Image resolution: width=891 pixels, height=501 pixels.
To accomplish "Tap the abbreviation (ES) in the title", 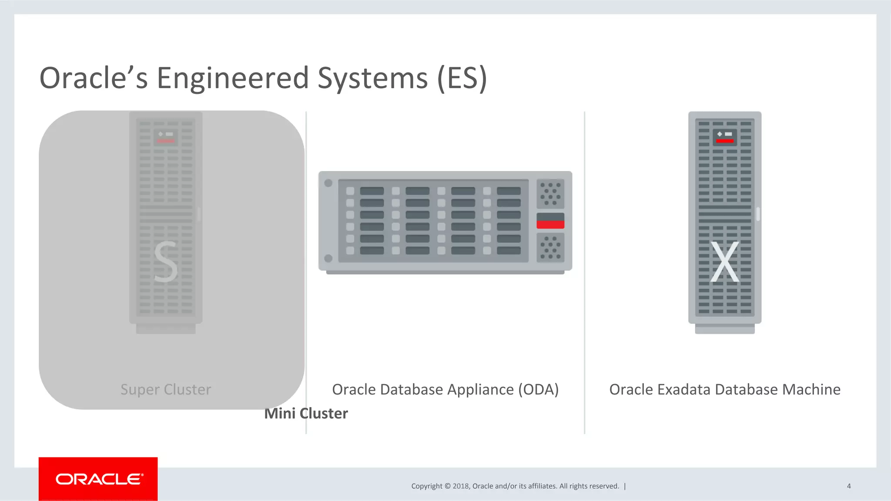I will [462, 78].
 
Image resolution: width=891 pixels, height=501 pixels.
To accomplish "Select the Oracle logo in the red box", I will [99, 479].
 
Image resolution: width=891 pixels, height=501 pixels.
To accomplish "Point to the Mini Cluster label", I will [306, 413].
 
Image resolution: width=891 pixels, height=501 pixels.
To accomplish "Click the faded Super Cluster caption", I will [166, 389].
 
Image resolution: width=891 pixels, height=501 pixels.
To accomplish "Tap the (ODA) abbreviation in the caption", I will [538, 389].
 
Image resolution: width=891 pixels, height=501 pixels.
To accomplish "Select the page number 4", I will [849, 486].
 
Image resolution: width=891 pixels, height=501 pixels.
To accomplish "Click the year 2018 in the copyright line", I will [461, 486].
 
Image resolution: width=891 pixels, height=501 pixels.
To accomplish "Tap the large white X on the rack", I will [725, 262].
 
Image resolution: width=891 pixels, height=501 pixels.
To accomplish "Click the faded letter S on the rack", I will [166, 262].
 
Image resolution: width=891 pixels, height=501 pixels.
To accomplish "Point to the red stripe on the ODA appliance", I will [550, 224].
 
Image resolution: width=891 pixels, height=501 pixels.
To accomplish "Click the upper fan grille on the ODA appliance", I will [550, 193].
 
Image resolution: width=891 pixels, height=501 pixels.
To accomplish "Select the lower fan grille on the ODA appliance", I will [550, 248].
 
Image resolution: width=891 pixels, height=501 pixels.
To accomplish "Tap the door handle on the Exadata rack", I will [758, 214].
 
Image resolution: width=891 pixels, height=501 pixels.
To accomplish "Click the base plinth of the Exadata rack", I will [725, 329].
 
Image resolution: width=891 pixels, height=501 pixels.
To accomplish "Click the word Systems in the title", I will [373, 78].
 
